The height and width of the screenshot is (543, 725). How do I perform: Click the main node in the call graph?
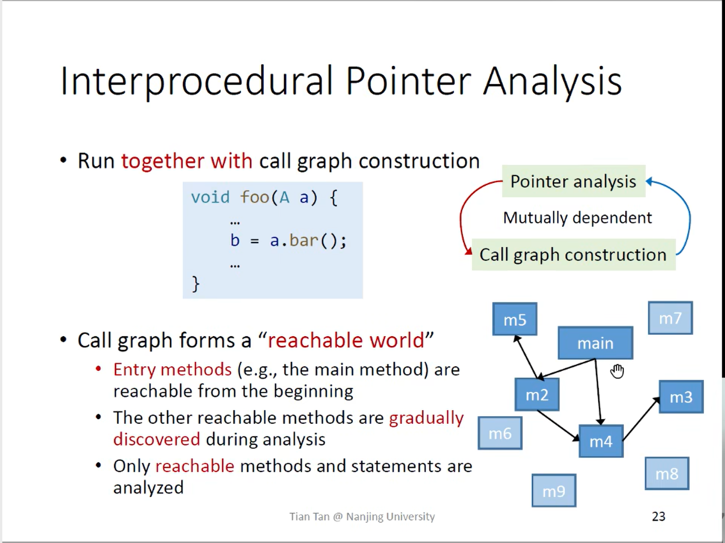pos(596,343)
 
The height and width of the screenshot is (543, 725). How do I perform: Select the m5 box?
pos(515,319)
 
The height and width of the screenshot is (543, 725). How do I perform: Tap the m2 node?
pos(537,395)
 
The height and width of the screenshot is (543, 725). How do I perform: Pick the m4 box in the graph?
pos(601,441)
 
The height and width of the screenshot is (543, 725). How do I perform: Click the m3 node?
pos(681,397)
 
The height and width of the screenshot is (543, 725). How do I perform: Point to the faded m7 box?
pos(670,318)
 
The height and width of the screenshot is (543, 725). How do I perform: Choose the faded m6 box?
pos(500,433)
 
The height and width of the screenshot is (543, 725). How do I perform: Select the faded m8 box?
pos(667,474)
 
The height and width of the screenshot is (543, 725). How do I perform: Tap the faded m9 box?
pos(554,491)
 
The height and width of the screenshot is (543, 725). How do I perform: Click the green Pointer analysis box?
pos(574,181)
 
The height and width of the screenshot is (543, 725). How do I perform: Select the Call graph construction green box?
pos(574,255)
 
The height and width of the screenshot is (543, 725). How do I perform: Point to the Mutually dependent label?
pos(577,217)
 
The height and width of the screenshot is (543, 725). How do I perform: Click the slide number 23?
pos(658,516)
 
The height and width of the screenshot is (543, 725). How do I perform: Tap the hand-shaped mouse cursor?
pos(617,371)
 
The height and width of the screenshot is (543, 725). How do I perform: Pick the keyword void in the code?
pos(210,197)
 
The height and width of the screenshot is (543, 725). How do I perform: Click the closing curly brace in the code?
pos(195,283)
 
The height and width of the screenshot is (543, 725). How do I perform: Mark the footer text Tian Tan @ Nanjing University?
pos(362,517)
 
